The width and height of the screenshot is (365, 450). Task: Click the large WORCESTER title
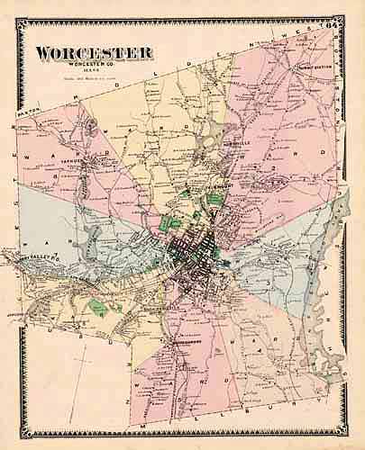tap(93, 53)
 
